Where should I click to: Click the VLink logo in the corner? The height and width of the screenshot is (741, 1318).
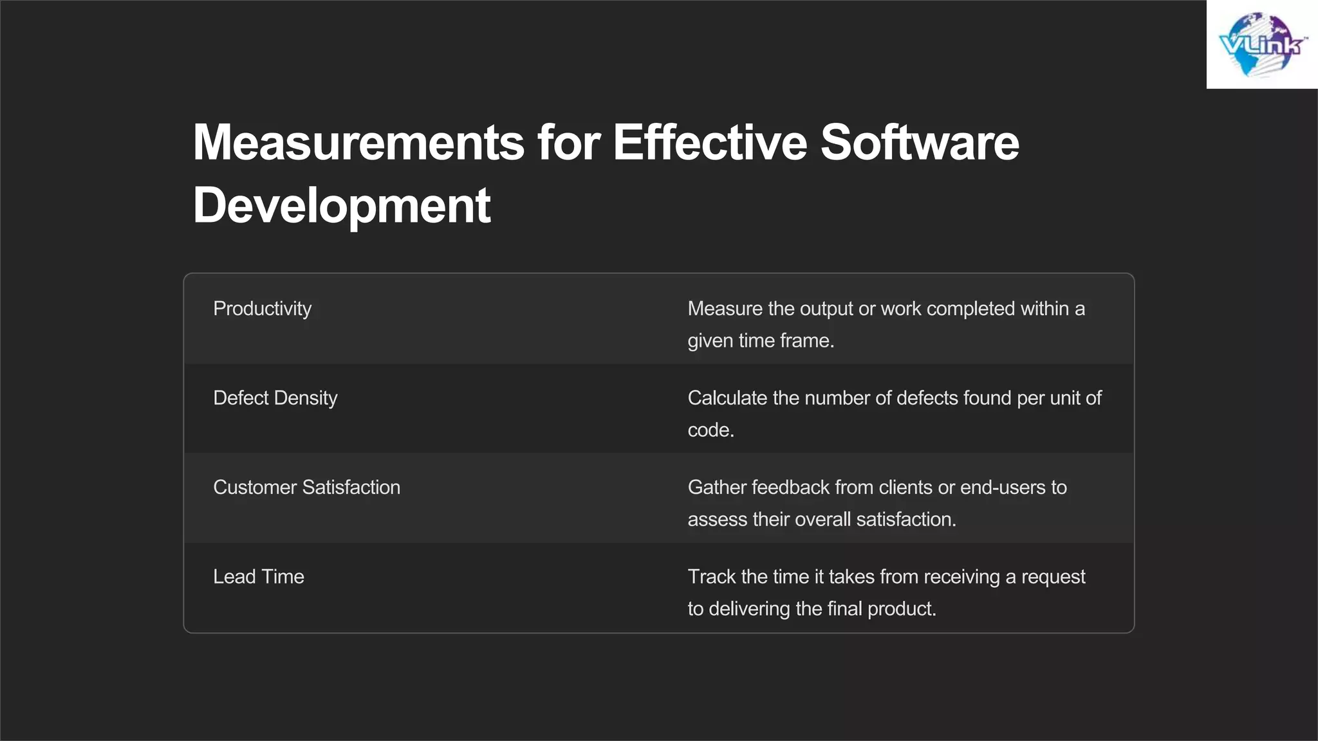click(1262, 44)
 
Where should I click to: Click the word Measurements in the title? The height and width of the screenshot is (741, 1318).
click(358, 142)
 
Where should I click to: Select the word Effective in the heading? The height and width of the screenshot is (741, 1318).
click(709, 142)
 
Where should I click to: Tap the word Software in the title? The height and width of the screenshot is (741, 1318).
click(920, 142)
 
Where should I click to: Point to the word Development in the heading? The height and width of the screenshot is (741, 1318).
click(342, 205)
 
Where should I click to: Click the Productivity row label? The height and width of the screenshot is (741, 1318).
click(262, 309)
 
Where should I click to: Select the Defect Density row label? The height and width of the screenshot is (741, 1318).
click(275, 398)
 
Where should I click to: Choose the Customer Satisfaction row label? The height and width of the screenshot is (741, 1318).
click(306, 488)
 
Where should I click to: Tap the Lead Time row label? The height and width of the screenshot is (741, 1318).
click(258, 577)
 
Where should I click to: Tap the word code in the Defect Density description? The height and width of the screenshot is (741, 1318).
click(709, 430)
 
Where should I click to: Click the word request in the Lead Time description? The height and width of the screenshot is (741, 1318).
click(1053, 577)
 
